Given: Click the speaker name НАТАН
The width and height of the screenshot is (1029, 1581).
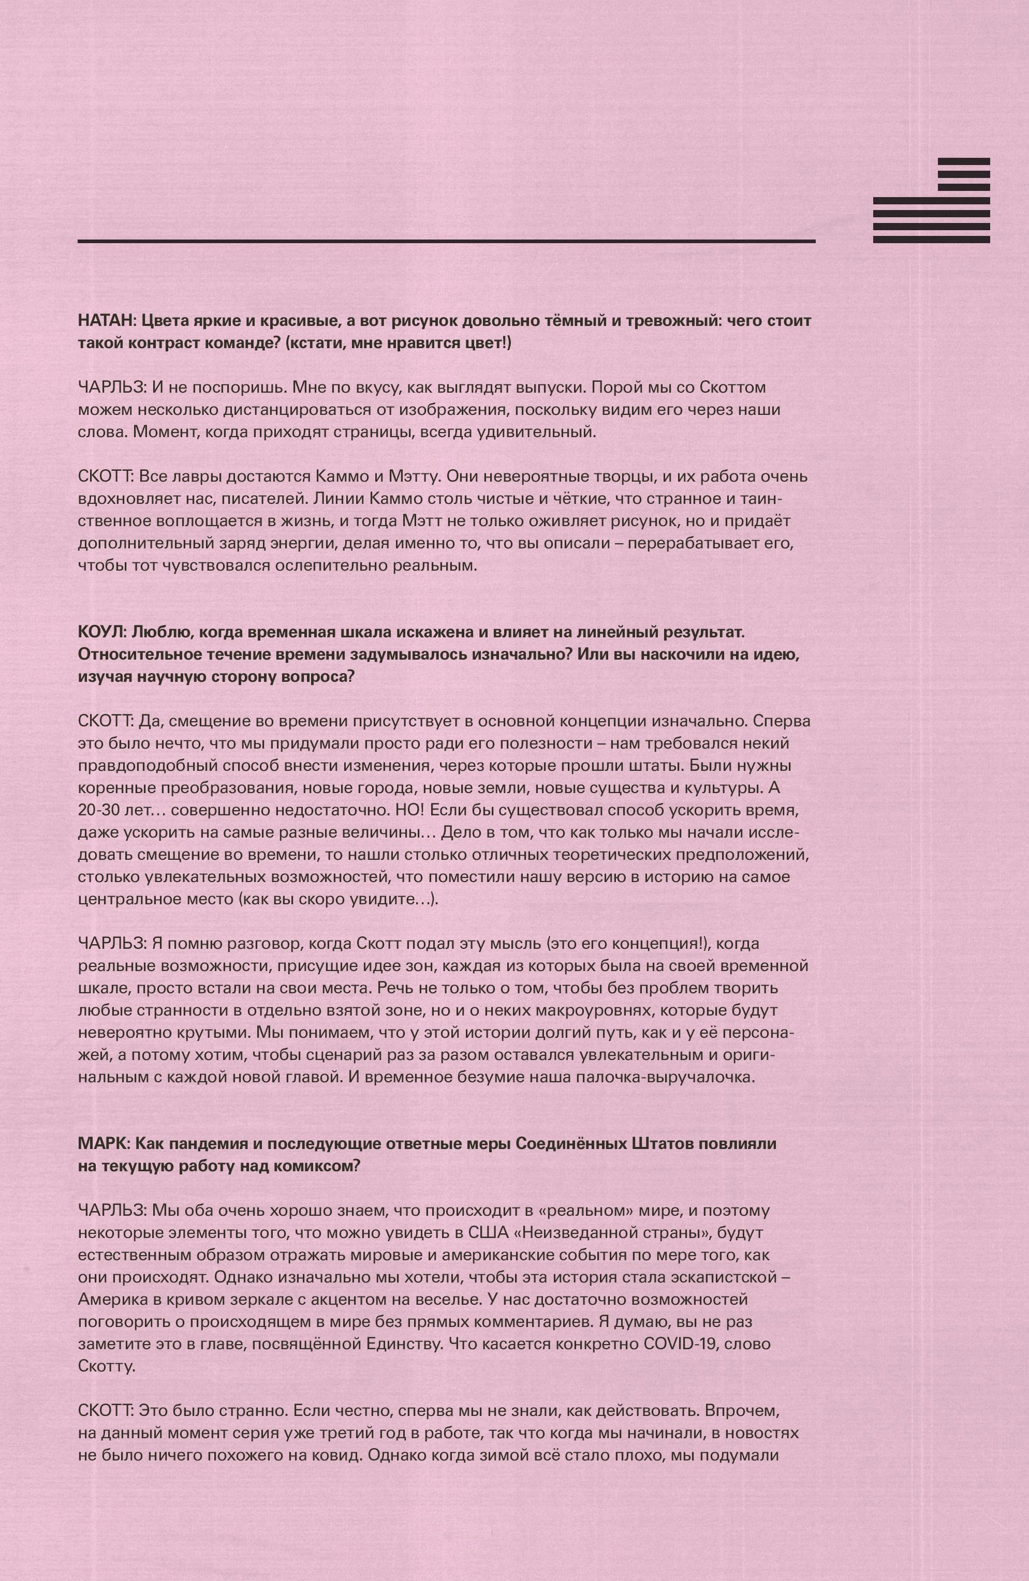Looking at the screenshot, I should point(103,321).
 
